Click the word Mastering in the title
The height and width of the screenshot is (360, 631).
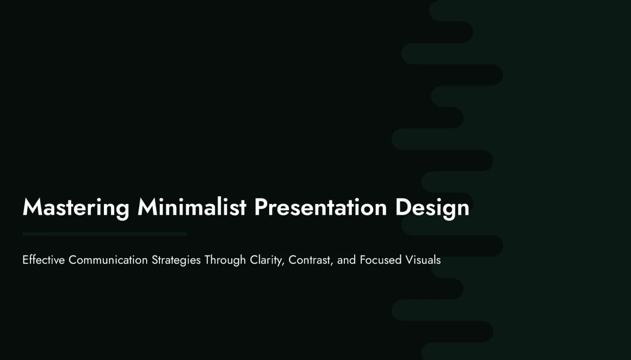(x=76, y=208)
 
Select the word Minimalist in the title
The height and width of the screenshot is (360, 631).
(x=191, y=207)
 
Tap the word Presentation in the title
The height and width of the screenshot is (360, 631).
(x=320, y=207)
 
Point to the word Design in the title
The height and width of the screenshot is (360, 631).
(x=432, y=208)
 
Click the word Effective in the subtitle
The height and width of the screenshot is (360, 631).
(x=44, y=260)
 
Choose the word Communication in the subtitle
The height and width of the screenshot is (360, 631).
(x=108, y=260)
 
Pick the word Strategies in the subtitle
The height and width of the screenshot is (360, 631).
(x=176, y=260)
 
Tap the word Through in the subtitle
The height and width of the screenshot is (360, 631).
(x=225, y=260)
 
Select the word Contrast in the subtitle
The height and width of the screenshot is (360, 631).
(x=310, y=260)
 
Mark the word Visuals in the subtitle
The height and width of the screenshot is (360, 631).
(x=423, y=260)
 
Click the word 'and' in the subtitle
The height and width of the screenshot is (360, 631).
(x=347, y=260)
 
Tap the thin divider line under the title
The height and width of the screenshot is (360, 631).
(x=104, y=234)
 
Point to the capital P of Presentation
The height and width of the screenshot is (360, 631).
(x=261, y=207)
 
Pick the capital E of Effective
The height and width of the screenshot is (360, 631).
(x=26, y=260)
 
